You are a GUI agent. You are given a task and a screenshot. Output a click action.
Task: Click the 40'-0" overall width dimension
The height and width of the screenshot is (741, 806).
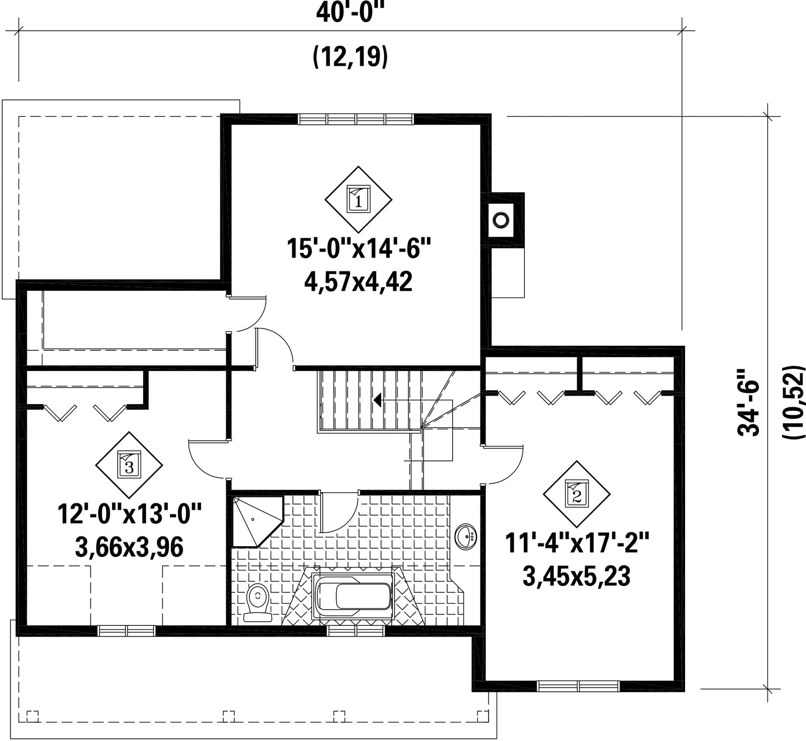tap(350, 13)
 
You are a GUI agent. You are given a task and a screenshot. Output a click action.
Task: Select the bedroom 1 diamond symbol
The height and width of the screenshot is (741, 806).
tap(358, 199)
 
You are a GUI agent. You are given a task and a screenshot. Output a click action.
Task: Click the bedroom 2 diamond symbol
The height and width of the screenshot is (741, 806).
tap(577, 494)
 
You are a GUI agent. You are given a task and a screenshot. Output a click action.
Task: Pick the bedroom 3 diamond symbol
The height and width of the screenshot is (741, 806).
tap(129, 465)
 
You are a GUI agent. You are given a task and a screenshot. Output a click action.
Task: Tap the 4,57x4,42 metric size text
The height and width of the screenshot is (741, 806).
tap(358, 282)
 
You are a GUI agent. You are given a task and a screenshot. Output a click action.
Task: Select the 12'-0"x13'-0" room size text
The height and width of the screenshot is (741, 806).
tap(129, 513)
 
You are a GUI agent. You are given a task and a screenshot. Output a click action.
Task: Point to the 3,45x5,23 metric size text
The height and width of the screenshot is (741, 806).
tap(577, 577)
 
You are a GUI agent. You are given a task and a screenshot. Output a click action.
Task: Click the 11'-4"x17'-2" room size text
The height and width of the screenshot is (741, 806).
tap(577, 543)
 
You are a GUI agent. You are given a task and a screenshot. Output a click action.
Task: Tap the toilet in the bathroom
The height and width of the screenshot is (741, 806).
tap(257, 602)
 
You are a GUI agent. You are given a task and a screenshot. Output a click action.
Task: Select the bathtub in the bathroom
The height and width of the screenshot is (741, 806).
tap(354, 596)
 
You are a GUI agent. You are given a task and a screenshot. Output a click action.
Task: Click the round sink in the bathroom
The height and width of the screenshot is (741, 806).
tap(466, 536)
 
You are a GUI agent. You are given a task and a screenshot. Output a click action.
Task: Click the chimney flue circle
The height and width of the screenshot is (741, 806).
tap(501, 220)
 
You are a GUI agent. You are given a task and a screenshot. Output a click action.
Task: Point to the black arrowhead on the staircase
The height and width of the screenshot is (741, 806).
tap(377, 400)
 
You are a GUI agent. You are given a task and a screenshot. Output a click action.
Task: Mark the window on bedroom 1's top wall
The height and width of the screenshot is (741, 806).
tap(356, 119)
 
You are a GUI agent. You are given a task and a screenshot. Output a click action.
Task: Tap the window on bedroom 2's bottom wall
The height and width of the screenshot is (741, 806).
tap(578, 686)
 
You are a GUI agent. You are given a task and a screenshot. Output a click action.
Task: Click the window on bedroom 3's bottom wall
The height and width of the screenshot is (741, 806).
tap(127, 631)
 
